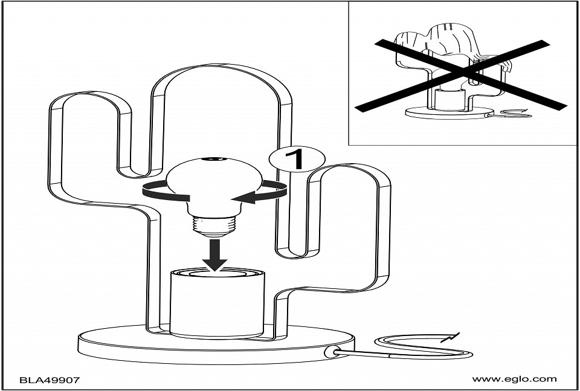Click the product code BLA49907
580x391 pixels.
[50, 380]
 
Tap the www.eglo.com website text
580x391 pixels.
[514, 379]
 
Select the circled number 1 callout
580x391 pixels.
[297, 159]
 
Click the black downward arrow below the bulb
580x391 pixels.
[214, 255]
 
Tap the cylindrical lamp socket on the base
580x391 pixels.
[217, 303]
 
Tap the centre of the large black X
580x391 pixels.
[461, 75]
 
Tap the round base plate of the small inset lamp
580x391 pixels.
[449, 112]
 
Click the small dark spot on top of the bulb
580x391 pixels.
[214, 159]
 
